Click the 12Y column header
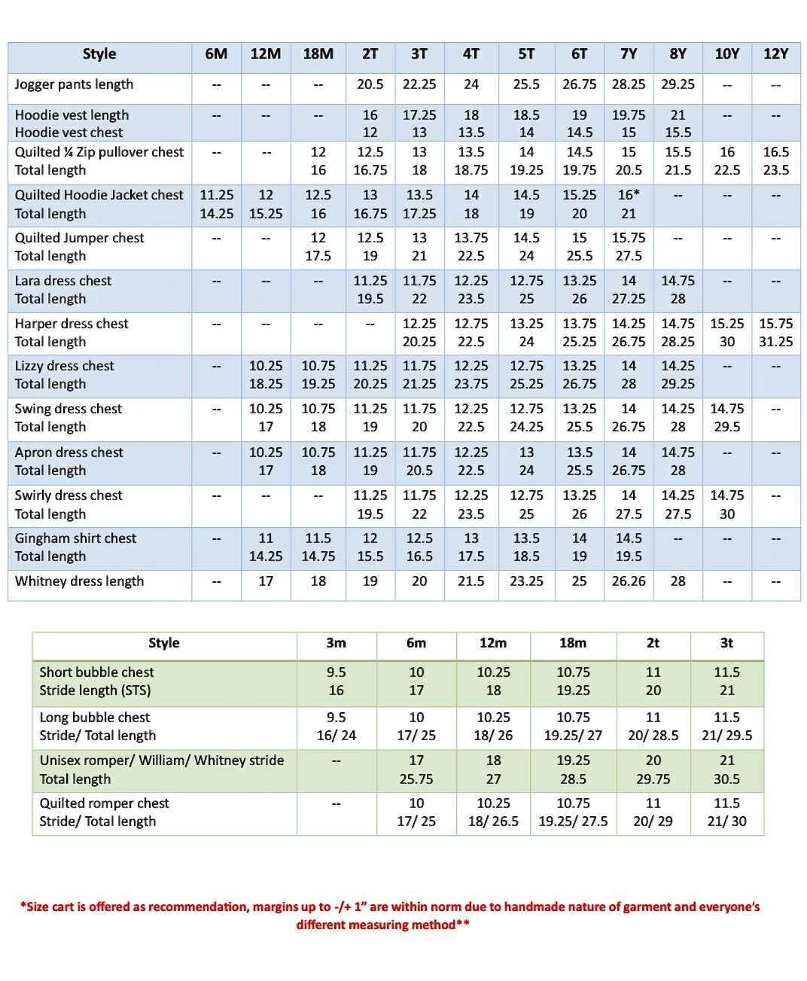tap(775, 54)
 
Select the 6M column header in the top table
tap(216, 54)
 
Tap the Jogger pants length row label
tap(74, 84)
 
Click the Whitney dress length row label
tap(79, 581)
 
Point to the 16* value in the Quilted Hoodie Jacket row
tap(629, 195)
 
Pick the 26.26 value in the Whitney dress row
tap(629, 581)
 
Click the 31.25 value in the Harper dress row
tap(775, 342)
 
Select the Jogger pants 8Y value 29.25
tap(678, 84)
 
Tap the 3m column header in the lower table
tap(336, 643)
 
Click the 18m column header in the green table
tap(572, 643)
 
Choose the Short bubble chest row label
tap(96, 672)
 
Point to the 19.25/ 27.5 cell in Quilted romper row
tap(573, 821)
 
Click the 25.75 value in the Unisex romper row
tap(416, 779)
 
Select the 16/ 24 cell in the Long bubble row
tap(336, 736)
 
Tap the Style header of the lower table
tap(164, 643)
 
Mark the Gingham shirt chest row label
tap(75, 538)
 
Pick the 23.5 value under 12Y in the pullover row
tap(775, 170)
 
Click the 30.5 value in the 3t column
tap(726, 779)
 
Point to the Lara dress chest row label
tap(63, 281)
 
